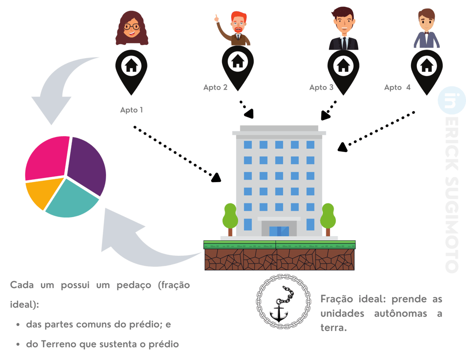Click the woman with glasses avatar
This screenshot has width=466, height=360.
(132, 29)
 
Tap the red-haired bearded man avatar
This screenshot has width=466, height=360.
(236, 29)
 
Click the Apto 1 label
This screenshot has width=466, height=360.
(132, 110)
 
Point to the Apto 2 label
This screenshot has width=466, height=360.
(215, 87)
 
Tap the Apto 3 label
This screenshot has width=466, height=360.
(321, 87)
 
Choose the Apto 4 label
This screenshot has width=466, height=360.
(397, 87)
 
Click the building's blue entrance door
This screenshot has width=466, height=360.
(279, 231)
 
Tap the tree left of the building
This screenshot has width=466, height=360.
(230, 218)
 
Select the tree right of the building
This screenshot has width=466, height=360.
(328, 218)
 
